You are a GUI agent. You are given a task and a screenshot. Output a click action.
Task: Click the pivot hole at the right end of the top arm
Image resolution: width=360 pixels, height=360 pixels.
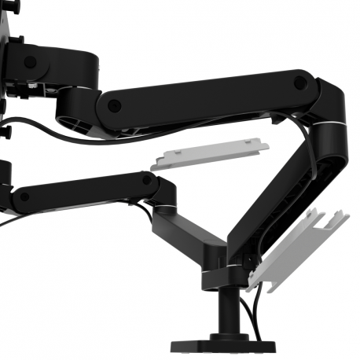click(301, 82)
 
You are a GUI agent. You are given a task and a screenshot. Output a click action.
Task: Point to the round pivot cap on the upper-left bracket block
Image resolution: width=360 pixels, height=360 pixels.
click(30, 61)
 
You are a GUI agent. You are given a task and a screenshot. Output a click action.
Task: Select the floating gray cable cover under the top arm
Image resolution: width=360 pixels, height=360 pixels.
click(210, 153)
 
